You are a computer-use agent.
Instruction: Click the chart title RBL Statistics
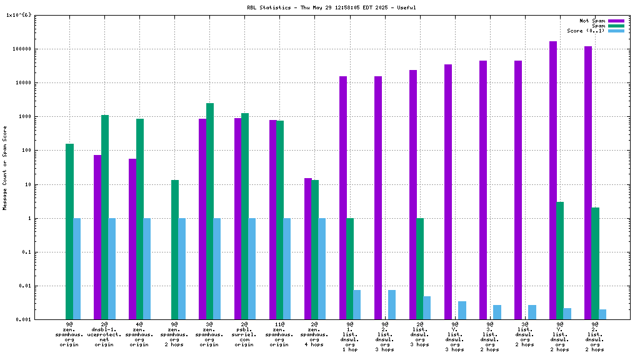[331, 7]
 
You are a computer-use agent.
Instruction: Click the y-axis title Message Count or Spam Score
[5, 167]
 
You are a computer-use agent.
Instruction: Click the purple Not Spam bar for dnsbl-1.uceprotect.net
[97, 237]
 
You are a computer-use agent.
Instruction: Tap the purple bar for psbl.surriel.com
[237, 219]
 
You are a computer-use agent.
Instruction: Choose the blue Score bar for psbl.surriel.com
[252, 269]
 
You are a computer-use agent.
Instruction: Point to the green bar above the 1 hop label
[350, 269]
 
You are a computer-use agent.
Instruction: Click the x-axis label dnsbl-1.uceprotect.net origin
[104, 334]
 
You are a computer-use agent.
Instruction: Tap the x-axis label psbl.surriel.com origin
[244, 334]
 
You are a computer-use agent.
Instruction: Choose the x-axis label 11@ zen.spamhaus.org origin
[279, 334]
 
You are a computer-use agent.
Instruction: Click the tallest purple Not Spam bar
[553, 181]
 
